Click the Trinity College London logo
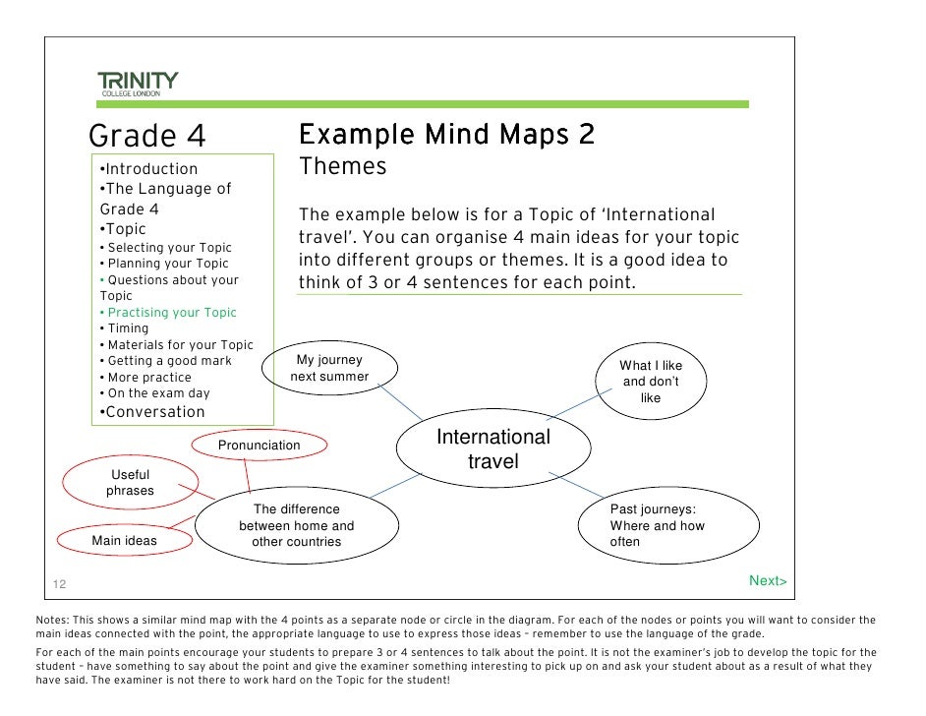click(x=138, y=83)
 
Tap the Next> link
click(x=768, y=581)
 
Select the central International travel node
click(x=492, y=449)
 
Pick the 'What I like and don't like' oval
click(x=650, y=382)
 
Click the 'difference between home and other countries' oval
click(x=296, y=525)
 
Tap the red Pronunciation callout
click(x=259, y=446)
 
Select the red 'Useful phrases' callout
click(x=130, y=483)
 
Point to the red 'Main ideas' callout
click(x=124, y=540)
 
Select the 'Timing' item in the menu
click(x=128, y=328)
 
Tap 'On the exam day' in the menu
click(x=158, y=393)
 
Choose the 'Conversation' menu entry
click(x=154, y=412)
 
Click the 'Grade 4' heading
click(x=148, y=136)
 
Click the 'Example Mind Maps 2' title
click(x=446, y=134)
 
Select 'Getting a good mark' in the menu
click(x=169, y=361)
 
